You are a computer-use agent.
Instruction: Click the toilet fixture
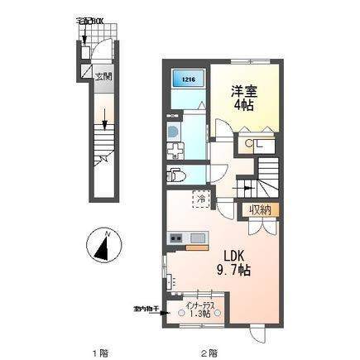tap(175, 175)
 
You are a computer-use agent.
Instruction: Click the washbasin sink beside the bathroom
tap(173, 132)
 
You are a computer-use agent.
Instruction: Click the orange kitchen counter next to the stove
tap(195, 244)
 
